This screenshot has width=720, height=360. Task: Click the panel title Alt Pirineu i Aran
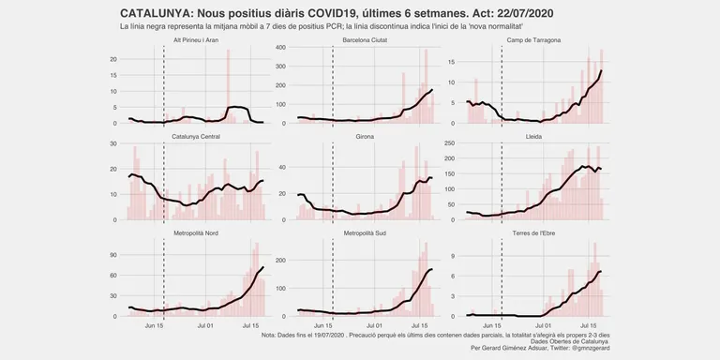click(x=196, y=40)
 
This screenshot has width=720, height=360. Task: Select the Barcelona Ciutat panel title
click(x=365, y=40)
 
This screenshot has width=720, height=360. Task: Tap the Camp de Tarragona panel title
click(x=533, y=40)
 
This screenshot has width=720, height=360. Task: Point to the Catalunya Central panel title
click(x=196, y=137)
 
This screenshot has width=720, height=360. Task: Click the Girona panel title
click(x=365, y=137)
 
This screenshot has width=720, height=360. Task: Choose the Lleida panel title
click(x=533, y=137)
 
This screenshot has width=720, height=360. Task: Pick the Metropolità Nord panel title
click(x=196, y=233)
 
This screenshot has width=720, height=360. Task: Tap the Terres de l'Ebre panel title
click(x=533, y=233)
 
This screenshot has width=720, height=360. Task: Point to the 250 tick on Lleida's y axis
click(x=450, y=143)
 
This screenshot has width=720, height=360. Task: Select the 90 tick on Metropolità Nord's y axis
click(x=114, y=255)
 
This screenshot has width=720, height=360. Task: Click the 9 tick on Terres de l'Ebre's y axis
click(x=453, y=255)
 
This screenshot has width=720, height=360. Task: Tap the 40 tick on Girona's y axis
click(x=283, y=167)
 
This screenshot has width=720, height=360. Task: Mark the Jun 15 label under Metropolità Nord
click(x=155, y=326)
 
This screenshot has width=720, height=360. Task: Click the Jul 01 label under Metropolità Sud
click(x=374, y=326)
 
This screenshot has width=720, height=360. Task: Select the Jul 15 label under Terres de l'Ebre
click(x=588, y=326)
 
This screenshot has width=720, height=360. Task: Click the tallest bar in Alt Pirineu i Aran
click(x=228, y=86)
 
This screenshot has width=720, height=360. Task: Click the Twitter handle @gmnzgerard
click(x=590, y=348)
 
